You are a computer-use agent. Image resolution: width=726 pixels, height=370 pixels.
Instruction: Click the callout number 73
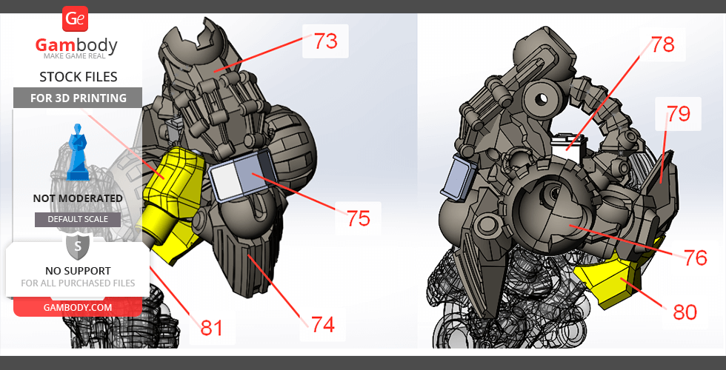point(326,41)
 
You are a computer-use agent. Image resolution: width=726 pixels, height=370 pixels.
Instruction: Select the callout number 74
point(323,325)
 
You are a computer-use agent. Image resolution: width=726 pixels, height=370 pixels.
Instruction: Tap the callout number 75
point(359,218)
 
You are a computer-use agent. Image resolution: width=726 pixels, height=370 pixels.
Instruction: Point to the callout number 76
point(695,258)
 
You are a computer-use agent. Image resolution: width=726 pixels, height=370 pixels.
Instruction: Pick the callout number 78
point(663,45)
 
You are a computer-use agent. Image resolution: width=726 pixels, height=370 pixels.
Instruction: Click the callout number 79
point(679,114)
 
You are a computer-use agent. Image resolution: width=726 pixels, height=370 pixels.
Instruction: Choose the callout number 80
point(685,312)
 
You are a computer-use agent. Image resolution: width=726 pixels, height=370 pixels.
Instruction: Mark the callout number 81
point(212,328)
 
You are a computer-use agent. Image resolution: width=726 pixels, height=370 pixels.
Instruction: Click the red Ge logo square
point(75,19)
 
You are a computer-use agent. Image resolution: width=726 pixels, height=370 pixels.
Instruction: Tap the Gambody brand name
point(76,45)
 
